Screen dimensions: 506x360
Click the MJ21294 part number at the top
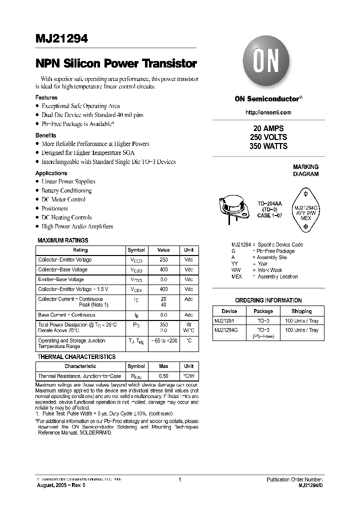61,39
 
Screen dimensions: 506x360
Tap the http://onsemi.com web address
268,112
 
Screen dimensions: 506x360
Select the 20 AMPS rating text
268,128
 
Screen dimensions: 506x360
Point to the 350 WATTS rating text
268,146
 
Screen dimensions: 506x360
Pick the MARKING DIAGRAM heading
305,170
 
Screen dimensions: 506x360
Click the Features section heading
46,97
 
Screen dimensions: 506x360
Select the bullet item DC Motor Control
63,199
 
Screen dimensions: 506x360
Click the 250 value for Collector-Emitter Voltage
163,260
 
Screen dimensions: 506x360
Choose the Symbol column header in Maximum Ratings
136,250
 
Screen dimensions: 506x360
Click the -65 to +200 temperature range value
163,340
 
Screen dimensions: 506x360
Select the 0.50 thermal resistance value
163,376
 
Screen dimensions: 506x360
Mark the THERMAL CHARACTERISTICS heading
76,357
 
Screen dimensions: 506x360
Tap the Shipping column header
301,311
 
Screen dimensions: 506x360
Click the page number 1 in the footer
179,479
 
